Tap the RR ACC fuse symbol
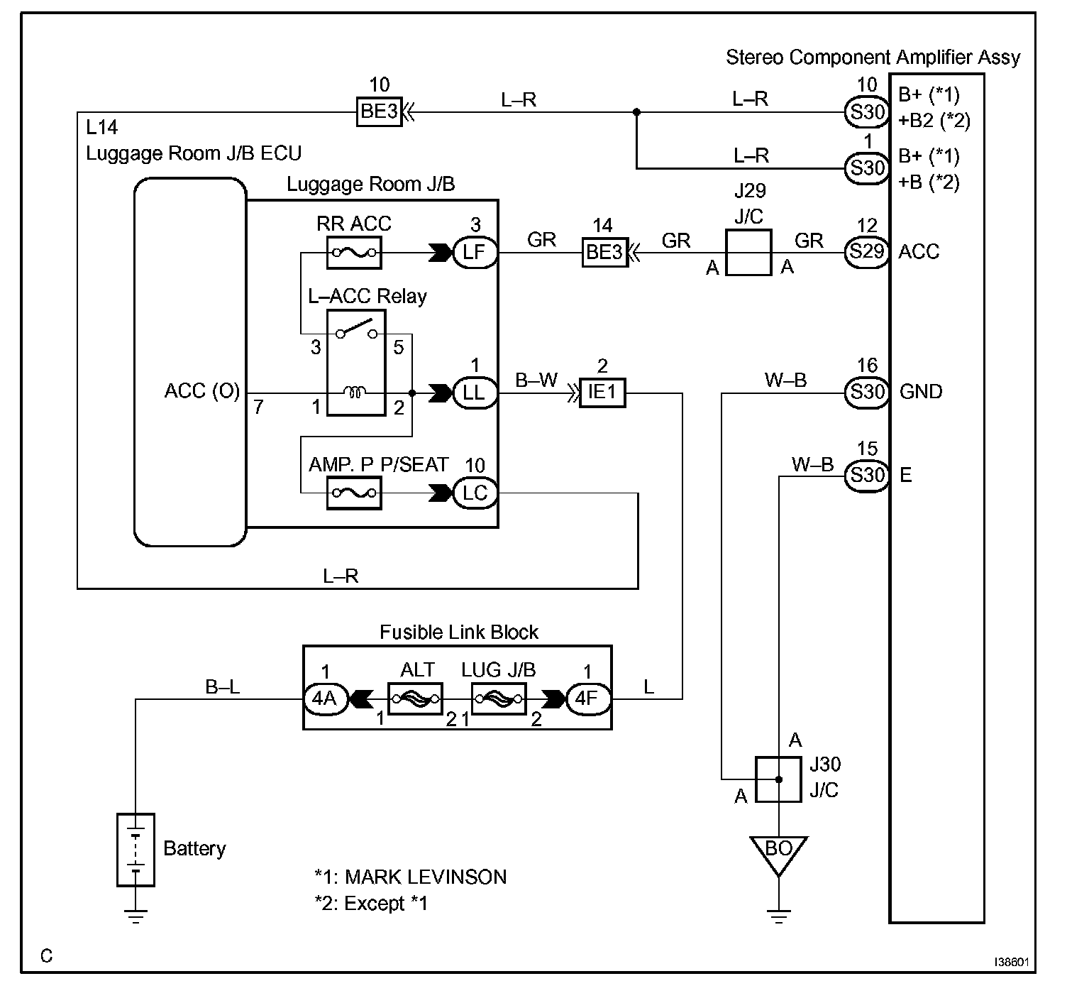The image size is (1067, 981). coord(354,252)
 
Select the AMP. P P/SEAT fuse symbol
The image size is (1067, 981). coord(354,493)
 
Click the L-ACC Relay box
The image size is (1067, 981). coord(356,363)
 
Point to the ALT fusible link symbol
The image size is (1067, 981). coord(416,698)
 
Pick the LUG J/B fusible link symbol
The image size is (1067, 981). coord(499,698)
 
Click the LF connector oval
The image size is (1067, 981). coord(475,252)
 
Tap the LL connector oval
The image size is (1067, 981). coord(475,393)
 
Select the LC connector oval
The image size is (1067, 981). coord(475,493)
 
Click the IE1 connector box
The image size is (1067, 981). coord(602,393)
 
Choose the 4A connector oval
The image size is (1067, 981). coord(326,699)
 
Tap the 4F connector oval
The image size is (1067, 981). coord(588,699)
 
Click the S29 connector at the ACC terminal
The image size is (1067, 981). coord(867,252)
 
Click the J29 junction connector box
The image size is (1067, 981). coord(748,252)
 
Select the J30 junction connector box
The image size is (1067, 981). coord(778,779)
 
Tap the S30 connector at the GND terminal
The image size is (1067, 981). coord(867,393)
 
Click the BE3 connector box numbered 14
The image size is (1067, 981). coord(604,252)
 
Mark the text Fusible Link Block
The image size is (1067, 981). coord(458,632)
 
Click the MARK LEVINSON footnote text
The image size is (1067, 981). coord(426,877)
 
